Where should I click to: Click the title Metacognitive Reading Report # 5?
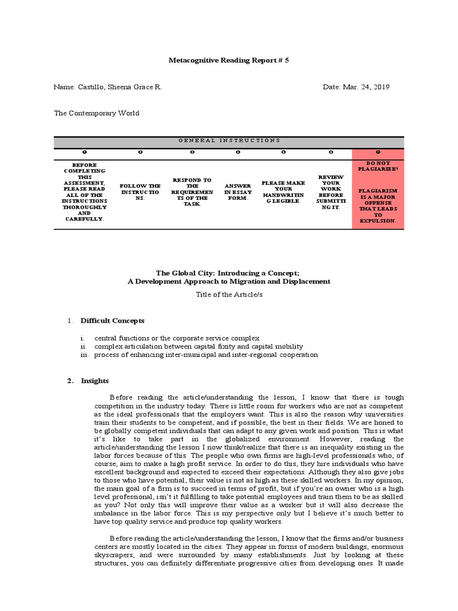(x=228, y=60)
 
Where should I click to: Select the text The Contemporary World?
(x=96, y=113)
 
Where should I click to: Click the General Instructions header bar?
(x=229, y=140)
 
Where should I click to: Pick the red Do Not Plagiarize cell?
(x=378, y=192)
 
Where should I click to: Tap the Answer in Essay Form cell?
(x=238, y=192)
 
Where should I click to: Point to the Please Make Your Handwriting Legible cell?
(x=283, y=192)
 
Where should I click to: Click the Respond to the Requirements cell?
(x=191, y=192)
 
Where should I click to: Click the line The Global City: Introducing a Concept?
(x=228, y=272)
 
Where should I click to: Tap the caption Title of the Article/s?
(x=228, y=294)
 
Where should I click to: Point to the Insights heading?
(x=95, y=381)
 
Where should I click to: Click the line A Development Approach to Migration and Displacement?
(x=228, y=281)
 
